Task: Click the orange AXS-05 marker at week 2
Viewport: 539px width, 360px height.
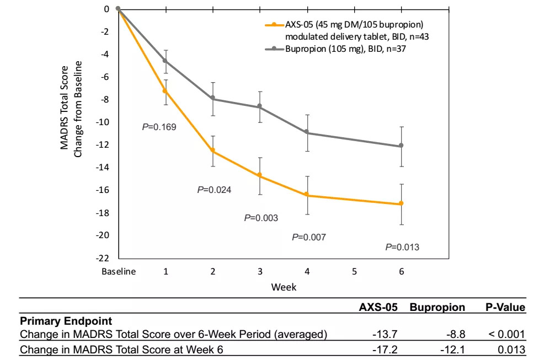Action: (212, 151)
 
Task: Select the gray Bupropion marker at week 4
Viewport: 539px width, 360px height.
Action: (307, 133)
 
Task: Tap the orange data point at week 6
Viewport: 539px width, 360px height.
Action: (401, 203)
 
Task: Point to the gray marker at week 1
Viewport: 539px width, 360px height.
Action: (166, 61)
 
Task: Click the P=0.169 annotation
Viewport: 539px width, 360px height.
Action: (159, 127)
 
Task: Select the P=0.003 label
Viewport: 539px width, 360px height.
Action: (261, 218)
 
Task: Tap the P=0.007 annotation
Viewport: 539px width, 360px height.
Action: (308, 237)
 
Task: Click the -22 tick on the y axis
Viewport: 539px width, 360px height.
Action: (104, 258)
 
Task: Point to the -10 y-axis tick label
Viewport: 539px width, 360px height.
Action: (104, 122)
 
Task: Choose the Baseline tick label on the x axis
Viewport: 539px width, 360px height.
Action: (118, 272)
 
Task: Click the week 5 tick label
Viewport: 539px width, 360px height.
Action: (354, 272)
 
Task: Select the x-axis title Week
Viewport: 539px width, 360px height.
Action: (284, 287)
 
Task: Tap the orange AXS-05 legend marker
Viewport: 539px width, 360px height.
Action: (271, 25)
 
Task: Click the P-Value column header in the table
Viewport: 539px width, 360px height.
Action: (504, 307)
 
